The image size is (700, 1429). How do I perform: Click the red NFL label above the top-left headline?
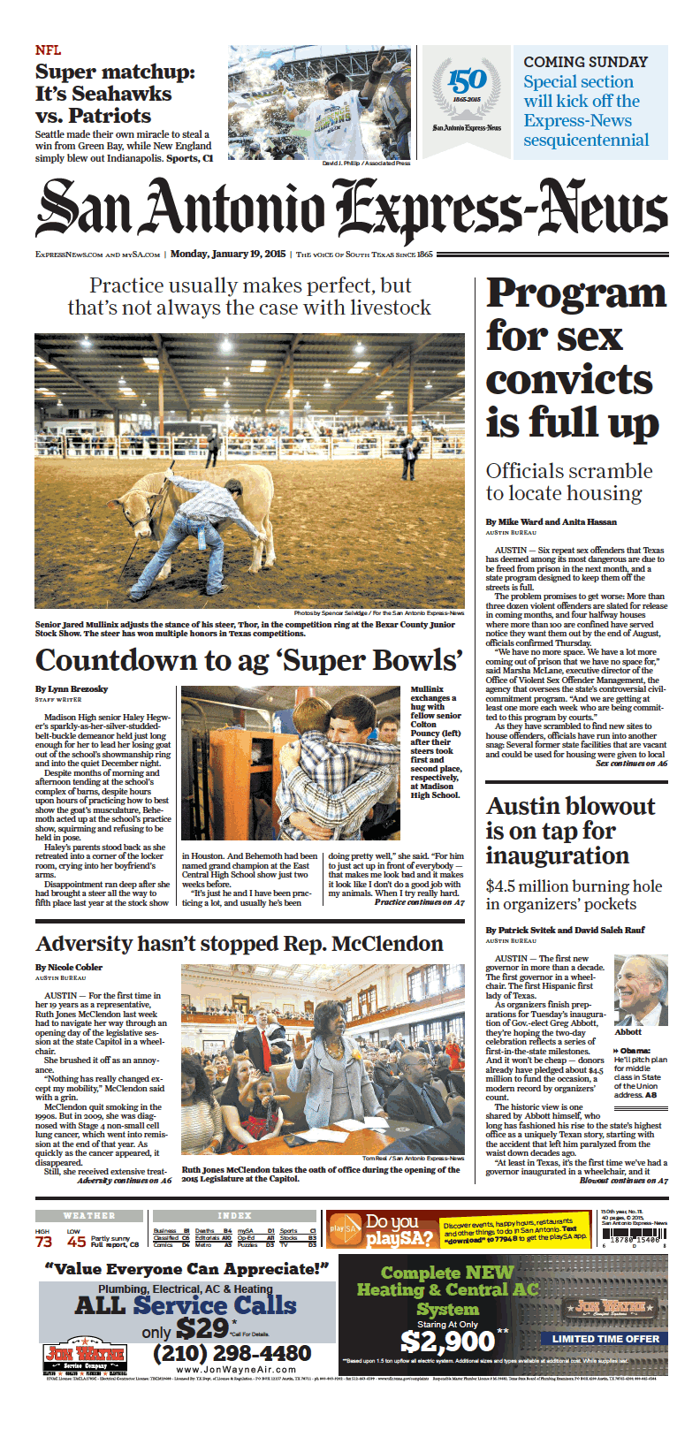48,51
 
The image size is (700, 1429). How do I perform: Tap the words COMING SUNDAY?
585,62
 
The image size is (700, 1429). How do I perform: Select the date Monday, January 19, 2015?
228,255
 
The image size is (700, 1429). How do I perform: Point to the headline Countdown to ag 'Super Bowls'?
249,660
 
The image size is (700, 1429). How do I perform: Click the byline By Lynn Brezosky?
71,688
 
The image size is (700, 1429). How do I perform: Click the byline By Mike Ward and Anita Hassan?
551,521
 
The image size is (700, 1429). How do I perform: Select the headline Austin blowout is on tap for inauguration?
570,831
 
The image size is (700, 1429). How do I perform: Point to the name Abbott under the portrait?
628,1031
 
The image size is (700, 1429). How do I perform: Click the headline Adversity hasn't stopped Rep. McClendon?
240,944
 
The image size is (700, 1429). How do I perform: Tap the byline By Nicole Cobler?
69,967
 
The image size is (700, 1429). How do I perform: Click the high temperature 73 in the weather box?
43,1242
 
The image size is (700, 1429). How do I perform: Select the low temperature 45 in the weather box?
76,1242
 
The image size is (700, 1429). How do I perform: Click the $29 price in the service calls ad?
202,1327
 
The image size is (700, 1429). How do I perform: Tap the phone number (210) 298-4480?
232,1354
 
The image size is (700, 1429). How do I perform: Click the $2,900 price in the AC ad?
447,1342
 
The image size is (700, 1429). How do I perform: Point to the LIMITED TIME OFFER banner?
605,1339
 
